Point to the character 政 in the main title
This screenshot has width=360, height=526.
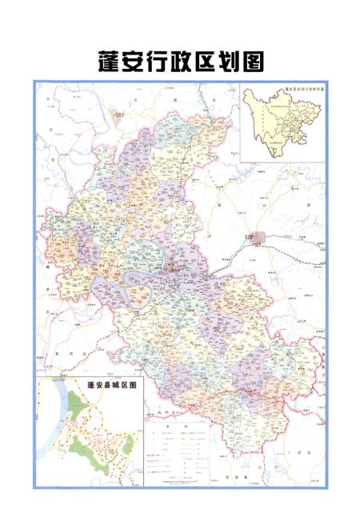pyautogui.click(x=181, y=62)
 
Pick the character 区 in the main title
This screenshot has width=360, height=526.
pyautogui.click(x=205, y=62)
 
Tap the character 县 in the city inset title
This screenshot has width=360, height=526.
pyautogui.click(x=105, y=385)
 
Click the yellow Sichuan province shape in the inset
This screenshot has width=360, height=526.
pyautogui.click(x=276, y=120)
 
